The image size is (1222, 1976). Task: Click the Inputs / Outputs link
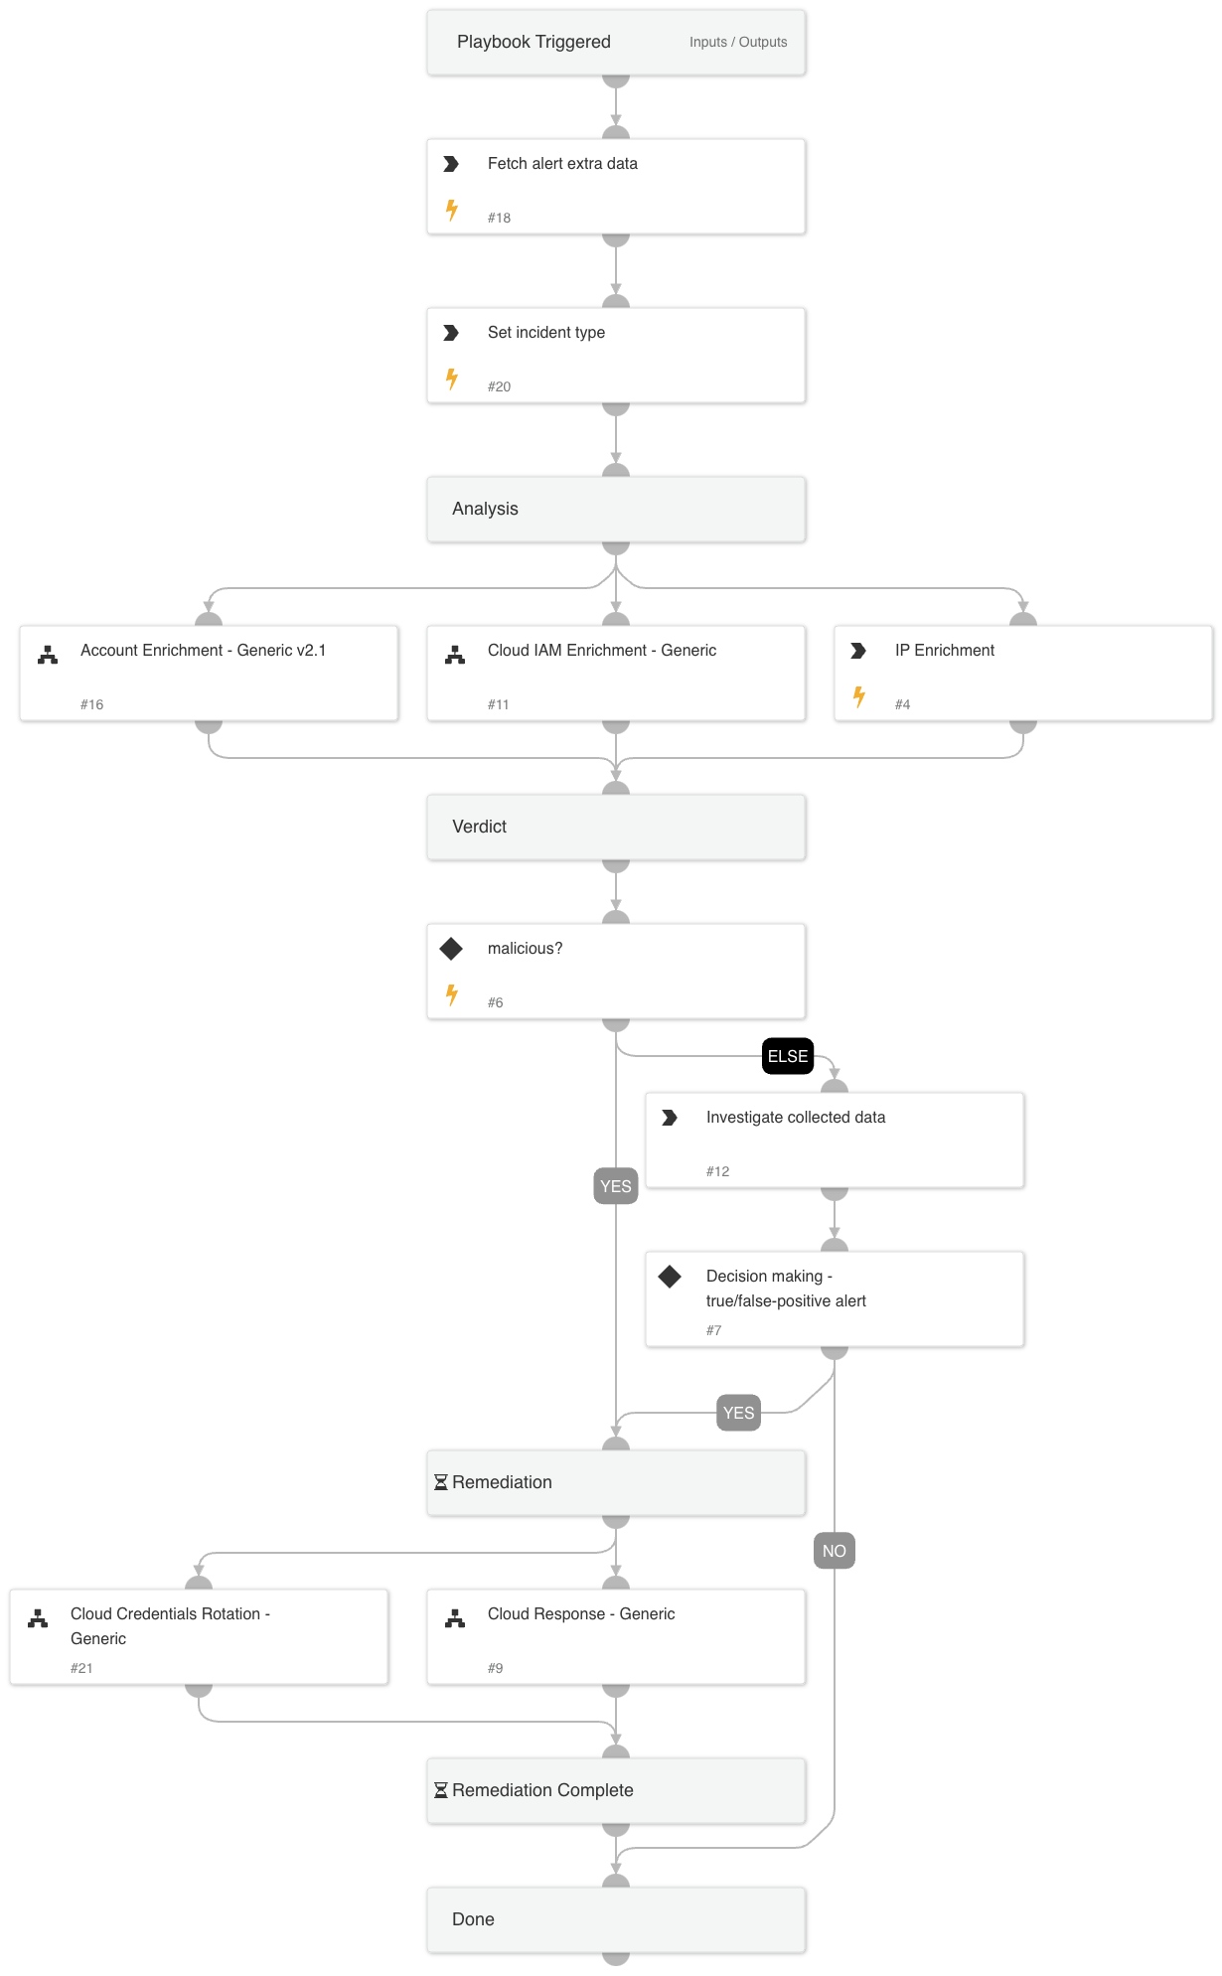737,42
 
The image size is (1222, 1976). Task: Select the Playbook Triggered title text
534,42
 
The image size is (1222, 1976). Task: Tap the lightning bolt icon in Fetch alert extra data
452,210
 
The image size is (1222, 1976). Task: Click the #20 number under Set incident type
499,386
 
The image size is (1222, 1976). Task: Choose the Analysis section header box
616,509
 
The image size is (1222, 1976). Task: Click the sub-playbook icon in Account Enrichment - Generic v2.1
48,655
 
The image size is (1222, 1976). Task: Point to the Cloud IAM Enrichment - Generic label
601,650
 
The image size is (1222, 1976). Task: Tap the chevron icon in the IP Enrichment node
858,651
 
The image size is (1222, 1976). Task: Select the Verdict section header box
616,827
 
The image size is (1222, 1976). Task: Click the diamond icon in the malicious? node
451,949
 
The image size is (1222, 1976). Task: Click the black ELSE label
788,1056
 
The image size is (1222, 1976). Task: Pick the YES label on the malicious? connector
616,1186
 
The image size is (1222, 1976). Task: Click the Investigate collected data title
795,1117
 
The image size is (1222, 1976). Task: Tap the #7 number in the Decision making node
713,1330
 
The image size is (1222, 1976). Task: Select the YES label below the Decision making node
738,1413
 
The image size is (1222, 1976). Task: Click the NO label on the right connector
835,1551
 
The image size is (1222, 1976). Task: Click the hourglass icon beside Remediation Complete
441,1790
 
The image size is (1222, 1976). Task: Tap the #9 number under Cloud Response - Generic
495,1668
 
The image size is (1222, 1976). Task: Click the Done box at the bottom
616,1919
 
